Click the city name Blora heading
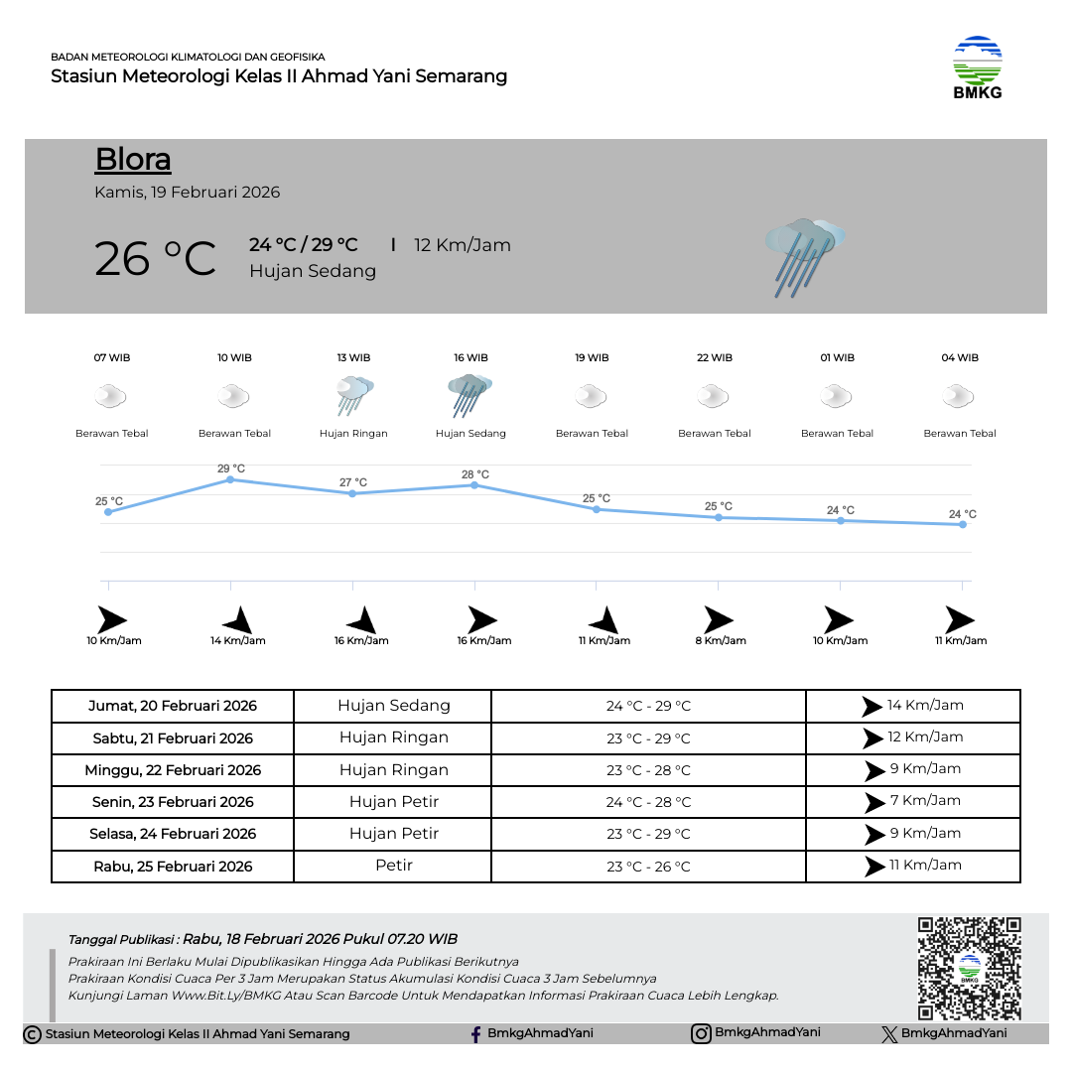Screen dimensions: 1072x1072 pos(133,160)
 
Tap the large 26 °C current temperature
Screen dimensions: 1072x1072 pos(155,259)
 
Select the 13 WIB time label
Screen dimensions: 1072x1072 pos(353,358)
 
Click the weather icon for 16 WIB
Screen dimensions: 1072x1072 pos(470,395)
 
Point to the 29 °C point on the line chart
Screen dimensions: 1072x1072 pos(230,479)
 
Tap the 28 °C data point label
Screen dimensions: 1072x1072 pos(475,474)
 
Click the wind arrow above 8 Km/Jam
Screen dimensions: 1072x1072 pos(718,620)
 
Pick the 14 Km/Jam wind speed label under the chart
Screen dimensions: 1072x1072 pos(238,641)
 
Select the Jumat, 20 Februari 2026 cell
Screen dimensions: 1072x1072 pos(173,707)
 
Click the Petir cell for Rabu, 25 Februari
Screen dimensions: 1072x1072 pos(393,866)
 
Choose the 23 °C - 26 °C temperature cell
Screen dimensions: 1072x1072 pos(648,867)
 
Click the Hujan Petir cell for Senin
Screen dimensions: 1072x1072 pos(393,802)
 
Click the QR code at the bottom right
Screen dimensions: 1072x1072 pos(969,968)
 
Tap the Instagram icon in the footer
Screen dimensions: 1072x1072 pos(701,1033)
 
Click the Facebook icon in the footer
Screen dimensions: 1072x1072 pos(476,1034)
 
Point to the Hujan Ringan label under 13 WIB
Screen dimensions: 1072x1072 pos(353,434)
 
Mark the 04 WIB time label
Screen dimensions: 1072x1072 pos(960,358)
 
